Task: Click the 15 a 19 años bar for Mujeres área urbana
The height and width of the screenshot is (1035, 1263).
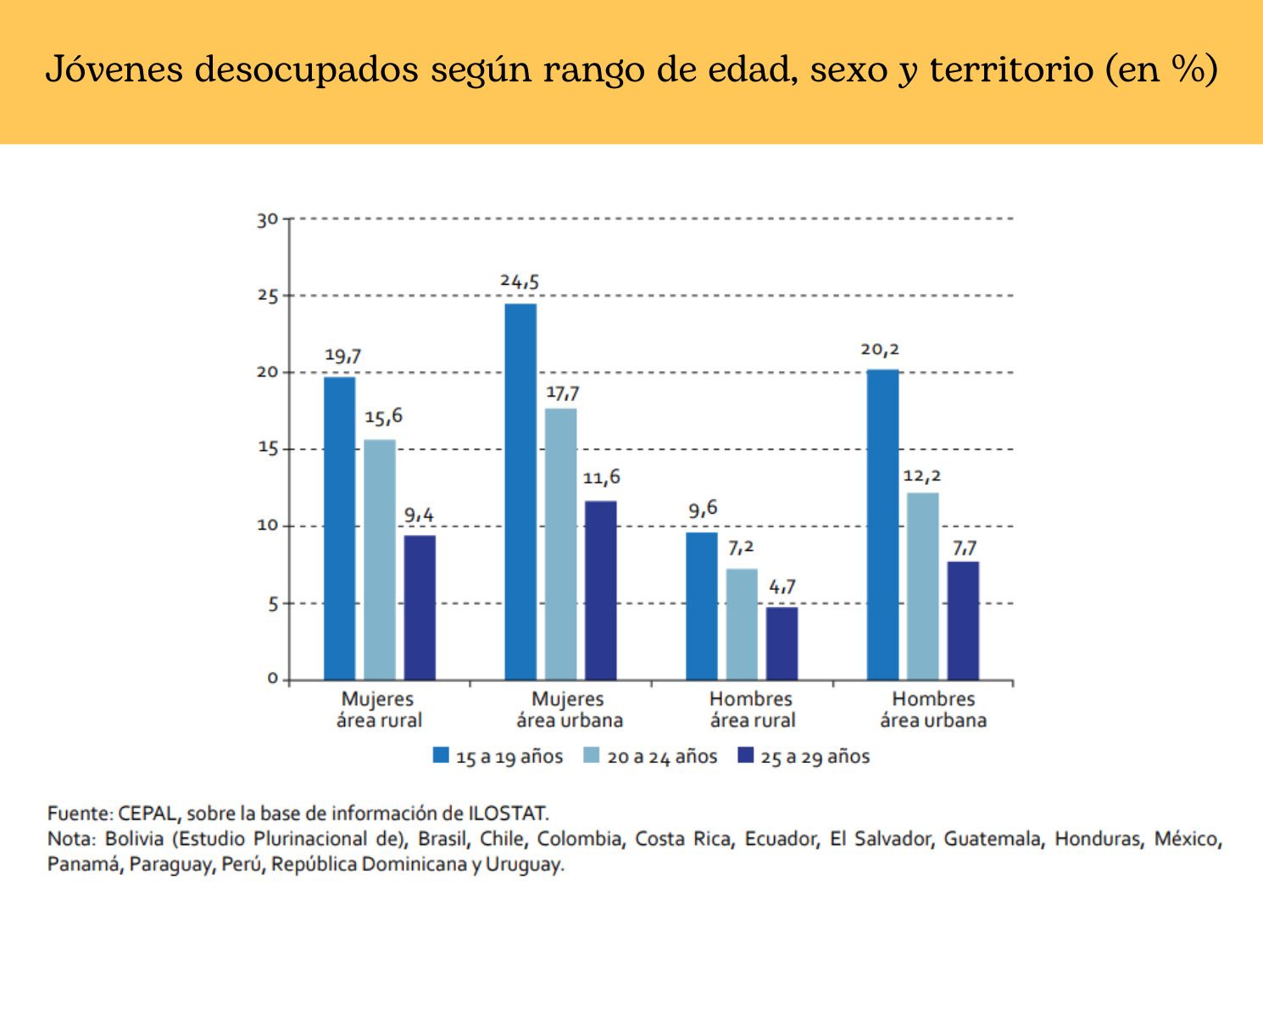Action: click(x=520, y=492)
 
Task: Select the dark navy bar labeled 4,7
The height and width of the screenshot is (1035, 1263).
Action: click(x=782, y=643)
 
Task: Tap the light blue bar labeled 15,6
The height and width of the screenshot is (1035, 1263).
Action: click(x=380, y=559)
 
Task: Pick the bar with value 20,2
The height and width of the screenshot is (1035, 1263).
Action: click(x=882, y=525)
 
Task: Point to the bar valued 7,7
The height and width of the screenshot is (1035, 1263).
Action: click(x=963, y=620)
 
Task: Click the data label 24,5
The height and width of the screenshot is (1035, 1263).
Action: click(x=520, y=281)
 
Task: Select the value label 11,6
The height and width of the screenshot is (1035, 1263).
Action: click(x=601, y=478)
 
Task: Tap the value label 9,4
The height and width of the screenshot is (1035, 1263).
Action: click(x=420, y=515)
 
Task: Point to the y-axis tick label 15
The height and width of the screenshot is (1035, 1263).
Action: click(x=268, y=448)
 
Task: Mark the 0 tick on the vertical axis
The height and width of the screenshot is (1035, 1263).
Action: click(x=272, y=679)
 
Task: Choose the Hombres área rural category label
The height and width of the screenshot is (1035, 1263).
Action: click(x=752, y=709)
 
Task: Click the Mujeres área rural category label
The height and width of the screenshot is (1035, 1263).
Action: click(x=378, y=709)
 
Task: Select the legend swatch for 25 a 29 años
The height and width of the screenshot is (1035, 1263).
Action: click(x=745, y=755)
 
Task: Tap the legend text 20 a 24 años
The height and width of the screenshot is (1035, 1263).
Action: click(x=662, y=757)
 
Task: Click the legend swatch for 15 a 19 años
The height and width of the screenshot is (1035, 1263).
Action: click(x=441, y=755)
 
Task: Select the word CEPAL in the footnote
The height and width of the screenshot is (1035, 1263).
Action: click(x=148, y=814)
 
